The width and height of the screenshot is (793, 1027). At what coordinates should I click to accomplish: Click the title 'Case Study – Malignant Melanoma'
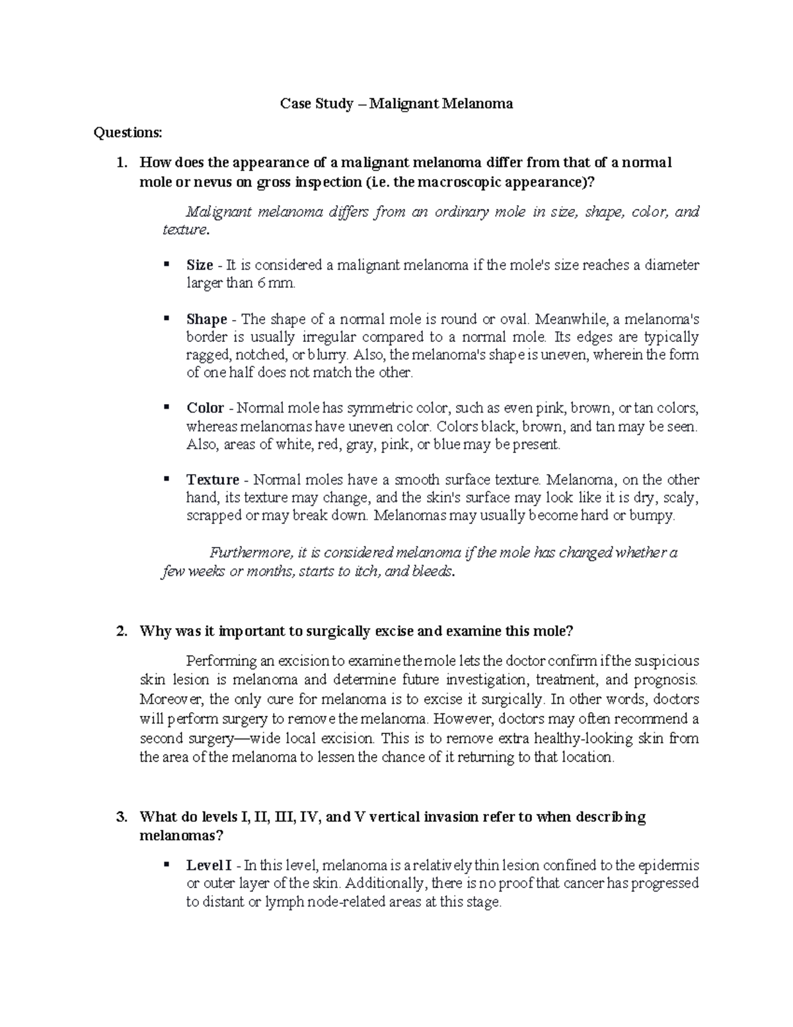click(397, 104)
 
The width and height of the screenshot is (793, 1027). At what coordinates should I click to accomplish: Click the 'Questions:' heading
click(128, 133)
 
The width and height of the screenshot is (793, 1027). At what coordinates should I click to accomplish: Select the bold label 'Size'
click(200, 265)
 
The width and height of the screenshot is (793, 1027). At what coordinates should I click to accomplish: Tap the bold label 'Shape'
click(207, 319)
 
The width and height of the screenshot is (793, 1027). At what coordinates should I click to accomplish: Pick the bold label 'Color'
click(206, 408)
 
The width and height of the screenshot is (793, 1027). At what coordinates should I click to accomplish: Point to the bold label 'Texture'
click(213, 479)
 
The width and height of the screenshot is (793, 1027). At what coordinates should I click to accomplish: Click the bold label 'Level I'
click(209, 865)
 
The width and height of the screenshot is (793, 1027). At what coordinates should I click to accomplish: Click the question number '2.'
click(121, 631)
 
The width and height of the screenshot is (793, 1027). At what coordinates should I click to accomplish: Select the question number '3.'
click(121, 817)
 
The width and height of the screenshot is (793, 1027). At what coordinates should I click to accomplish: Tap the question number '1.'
click(121, 163)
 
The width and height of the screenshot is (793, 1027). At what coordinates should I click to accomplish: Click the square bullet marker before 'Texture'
click(166, 478)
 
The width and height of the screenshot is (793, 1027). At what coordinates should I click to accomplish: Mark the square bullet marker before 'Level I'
click(166, 864)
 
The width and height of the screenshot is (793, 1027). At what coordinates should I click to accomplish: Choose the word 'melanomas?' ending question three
click(182, 835)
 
